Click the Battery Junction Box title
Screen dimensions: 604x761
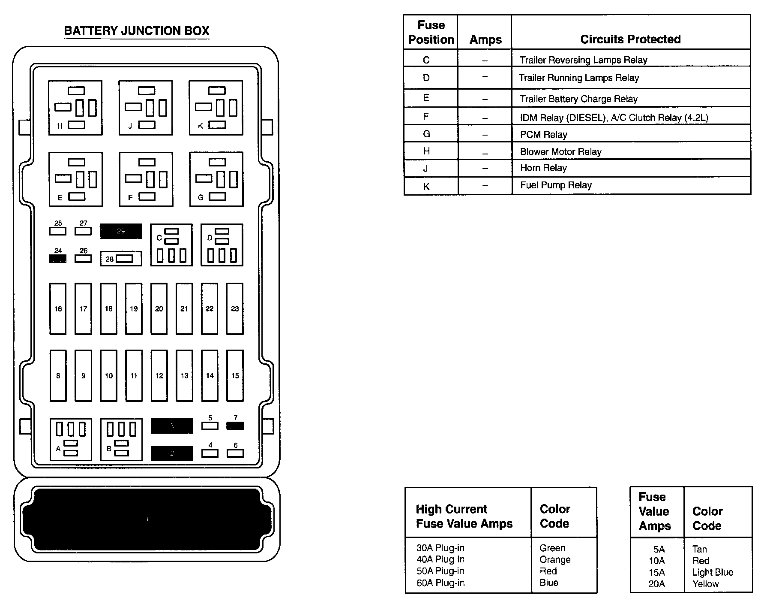[x=136, y=31]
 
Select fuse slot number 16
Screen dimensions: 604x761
[x=58, y=308]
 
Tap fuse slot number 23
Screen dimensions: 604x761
[x=235, y=308]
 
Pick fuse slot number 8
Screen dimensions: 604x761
[x=58, y=375]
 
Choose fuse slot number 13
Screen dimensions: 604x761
[x=184, y=375]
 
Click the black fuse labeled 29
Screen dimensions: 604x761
[x=121, y=231]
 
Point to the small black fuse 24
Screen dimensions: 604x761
[x=58, y=259]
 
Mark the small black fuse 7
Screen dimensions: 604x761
[x=235, y=426]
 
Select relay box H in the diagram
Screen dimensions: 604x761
[x=75, y=108]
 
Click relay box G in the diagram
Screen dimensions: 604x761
[x=216, y=179]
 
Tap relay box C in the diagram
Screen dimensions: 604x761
[x=171, y=245]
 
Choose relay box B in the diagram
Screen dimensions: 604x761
[x=121, y=439]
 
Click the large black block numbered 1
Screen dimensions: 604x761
[x=147, y=519]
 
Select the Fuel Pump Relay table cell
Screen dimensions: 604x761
[x=556, y=185]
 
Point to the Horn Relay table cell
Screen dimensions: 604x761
[x=543, y=168]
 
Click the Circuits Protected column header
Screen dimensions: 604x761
[x=630, y=39]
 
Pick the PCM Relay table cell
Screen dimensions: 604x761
[x=543, y=135]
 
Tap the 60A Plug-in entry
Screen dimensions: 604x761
[x=440, y=583]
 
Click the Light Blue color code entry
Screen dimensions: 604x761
[x=713, y=572]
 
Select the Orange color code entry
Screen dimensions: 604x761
[x=555, y=559]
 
